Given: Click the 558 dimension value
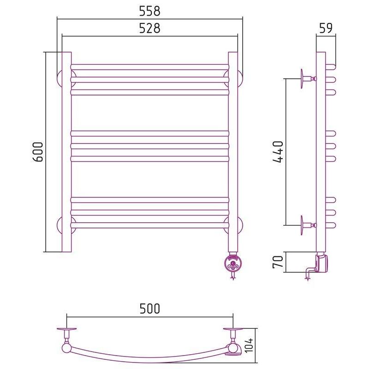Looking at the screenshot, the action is point(149,11).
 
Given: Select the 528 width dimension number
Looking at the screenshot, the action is point(149,28).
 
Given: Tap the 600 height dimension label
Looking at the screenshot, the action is point(37,152).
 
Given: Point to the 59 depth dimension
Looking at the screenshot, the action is point(326,28).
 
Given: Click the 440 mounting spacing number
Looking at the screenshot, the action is point(278,152).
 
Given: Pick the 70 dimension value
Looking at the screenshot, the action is point(278,262).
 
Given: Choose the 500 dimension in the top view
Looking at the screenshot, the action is point(149,309).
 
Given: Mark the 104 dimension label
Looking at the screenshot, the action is point(249,345).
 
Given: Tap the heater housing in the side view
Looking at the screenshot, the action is point(322,263).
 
